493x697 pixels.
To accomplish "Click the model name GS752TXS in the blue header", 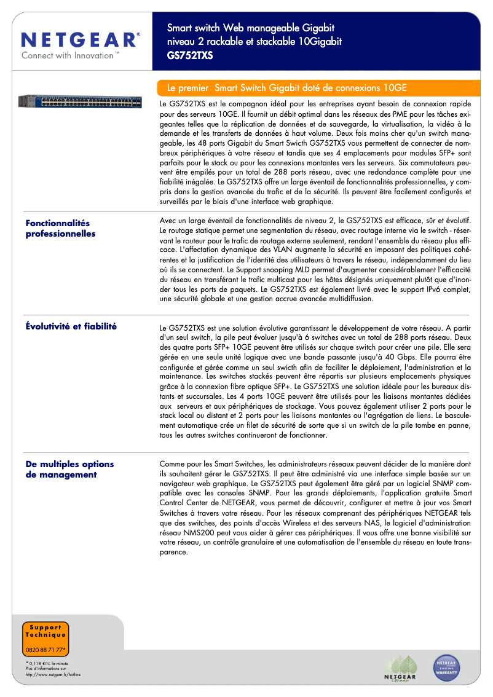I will click(190, 54).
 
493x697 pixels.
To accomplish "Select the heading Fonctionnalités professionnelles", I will click(60, 229).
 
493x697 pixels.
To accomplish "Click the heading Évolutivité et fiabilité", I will click(71, 326).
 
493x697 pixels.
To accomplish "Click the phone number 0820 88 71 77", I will click(45, 649).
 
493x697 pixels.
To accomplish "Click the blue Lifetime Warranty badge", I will click(447, 666).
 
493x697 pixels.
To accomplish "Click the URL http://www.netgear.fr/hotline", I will click(53, 674).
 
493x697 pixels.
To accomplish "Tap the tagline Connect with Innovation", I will click(70, 56).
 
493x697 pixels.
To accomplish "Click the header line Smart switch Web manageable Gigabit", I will click(251, 28).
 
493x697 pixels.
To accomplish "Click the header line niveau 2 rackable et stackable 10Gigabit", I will click(254, 41).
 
